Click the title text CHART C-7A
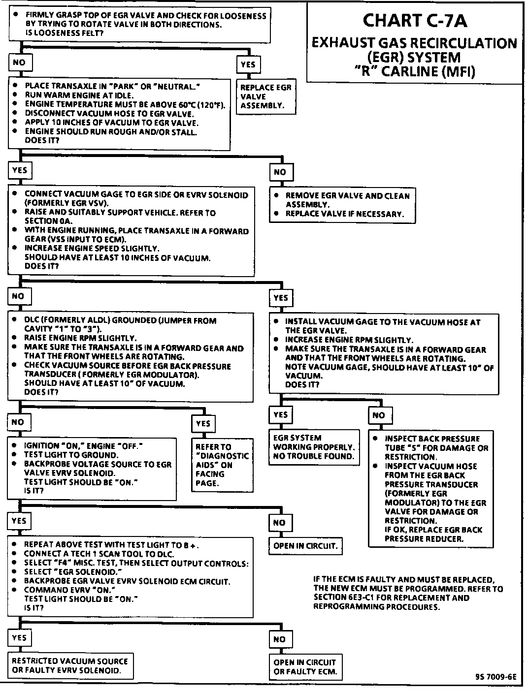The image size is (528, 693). click(415, 21)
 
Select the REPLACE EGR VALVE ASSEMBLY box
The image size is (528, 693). click(266, 96)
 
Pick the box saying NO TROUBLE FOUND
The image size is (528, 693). click(313, 447)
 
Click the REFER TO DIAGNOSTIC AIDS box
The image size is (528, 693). click(222, 465)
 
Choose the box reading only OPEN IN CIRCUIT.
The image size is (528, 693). click(305, 546)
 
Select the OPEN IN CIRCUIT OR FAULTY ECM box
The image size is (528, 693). click(305, 667)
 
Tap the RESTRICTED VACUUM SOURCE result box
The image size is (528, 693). click(70, 666)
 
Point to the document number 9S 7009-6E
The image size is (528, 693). click(496, 676)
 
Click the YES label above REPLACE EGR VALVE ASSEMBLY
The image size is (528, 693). click(248, 64)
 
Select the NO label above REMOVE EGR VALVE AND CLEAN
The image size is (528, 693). click(280, 172)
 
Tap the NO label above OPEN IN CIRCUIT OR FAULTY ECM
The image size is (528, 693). click(279, 639)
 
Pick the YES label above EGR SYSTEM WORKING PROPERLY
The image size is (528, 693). click(280, 415)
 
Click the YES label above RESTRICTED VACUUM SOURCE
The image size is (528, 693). click(19, 638)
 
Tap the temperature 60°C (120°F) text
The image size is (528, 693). click(196, 104)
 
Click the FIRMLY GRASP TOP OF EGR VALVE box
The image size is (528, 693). click(139, 24)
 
